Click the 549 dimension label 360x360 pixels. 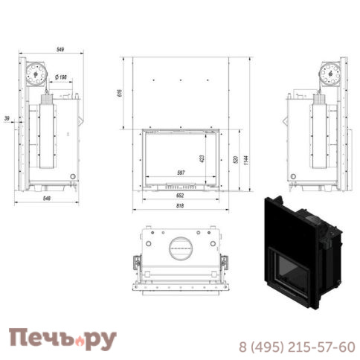coord(60,49)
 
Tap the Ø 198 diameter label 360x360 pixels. coord(61,77)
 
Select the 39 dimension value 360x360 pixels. coord(7,118)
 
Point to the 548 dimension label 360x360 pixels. coord(47,199)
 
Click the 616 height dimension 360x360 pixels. coord(120,93)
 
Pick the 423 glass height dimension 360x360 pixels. coord(202,158)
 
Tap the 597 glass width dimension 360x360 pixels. coord(181,173)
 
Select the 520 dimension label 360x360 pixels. coord(236,159)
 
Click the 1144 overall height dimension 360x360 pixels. coord(245,160)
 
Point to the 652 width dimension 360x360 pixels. coord(180,196)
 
